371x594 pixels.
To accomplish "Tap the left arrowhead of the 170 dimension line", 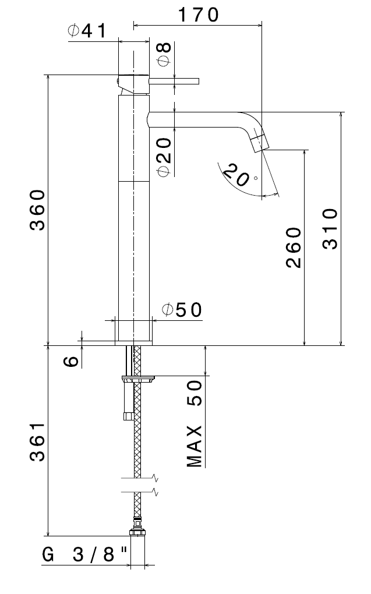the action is pyautogui.click(x=136, y=26).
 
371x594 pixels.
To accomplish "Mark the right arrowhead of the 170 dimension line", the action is pyautogui.click(x=259, y=26).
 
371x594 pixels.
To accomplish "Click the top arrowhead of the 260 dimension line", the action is pyautogui.click(x=304, y=153).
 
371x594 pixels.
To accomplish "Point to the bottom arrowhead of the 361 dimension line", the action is pyautogui.click(x=48, y=533).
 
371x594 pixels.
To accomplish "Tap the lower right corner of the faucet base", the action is pyautogui.click(x=152, y=345).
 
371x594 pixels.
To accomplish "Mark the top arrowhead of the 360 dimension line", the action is pyautogui.click(x=48, y=77).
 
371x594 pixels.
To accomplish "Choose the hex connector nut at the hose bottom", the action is pyautogui.click(x=137, y=532).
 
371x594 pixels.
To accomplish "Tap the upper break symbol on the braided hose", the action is pyautogui.click(x=139, y=479).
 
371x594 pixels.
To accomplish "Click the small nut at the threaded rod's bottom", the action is pyautogui.click(x=128, y=416).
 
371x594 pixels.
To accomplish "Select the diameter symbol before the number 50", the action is pyautogui.click(x=167, y=310).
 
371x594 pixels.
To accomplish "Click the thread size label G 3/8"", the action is pyautogui.click(x=84, y=555).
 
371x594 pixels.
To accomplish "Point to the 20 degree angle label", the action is pyautogui.click(x=239, y=175).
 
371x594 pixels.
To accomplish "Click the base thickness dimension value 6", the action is pyautogui.click(x=71, y=362).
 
